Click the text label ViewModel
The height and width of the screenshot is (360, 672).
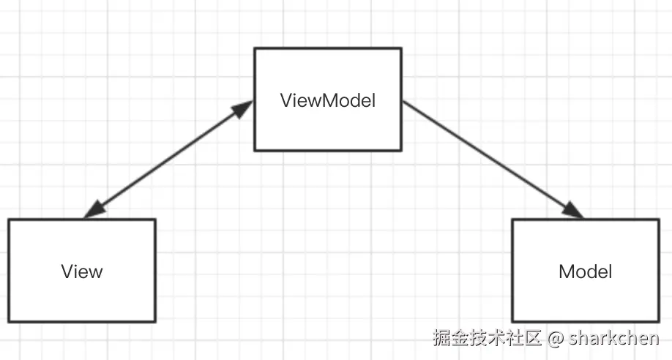tap(328, 100)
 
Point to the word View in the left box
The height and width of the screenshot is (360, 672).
tap(82, 272)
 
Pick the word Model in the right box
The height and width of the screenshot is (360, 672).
tap(585, 272)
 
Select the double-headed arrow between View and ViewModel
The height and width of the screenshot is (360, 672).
tap(168, 160)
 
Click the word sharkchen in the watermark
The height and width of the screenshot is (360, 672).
tap(614, 339)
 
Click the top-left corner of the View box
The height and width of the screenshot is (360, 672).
tap(9, 220)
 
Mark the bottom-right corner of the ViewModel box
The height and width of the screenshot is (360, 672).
tap(401, 150)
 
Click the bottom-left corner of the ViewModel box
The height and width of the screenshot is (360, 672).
tap(255, 150)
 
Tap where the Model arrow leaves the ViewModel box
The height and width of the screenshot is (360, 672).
tap(403, 102)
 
